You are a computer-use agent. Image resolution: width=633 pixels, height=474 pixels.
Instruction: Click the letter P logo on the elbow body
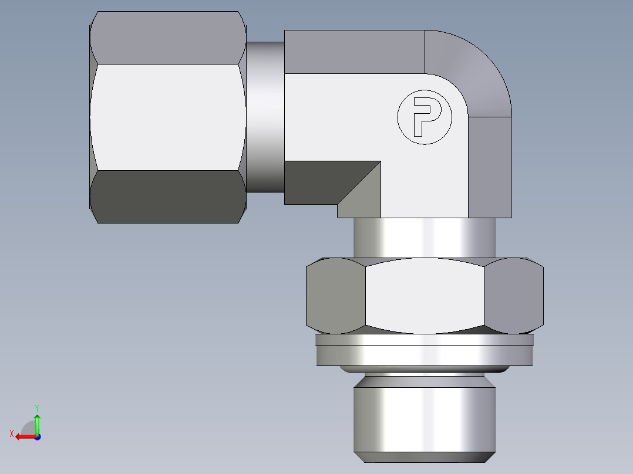coord(425,117)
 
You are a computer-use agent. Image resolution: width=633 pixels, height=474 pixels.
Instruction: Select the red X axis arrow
coord(23,436)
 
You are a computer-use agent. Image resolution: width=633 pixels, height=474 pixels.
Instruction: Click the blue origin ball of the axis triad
coord(37,437)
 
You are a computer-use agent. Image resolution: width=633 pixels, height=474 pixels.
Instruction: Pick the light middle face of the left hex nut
coord(167,117)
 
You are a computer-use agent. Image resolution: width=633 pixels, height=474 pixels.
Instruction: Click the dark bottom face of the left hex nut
coord(167,197)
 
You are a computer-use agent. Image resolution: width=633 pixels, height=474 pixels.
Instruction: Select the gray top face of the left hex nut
coord(167,38)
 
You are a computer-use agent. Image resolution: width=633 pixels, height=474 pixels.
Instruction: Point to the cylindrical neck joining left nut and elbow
coord(265,117)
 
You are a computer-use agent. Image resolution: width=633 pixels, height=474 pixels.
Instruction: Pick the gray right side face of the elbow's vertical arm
coord(490,167)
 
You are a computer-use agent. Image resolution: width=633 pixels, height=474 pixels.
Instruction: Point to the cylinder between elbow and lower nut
coord(424,238)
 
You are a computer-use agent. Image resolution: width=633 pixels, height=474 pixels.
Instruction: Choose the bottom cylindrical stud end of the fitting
coord(424,417)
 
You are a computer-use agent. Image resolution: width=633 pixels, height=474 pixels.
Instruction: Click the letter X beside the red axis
coord(11,434)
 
